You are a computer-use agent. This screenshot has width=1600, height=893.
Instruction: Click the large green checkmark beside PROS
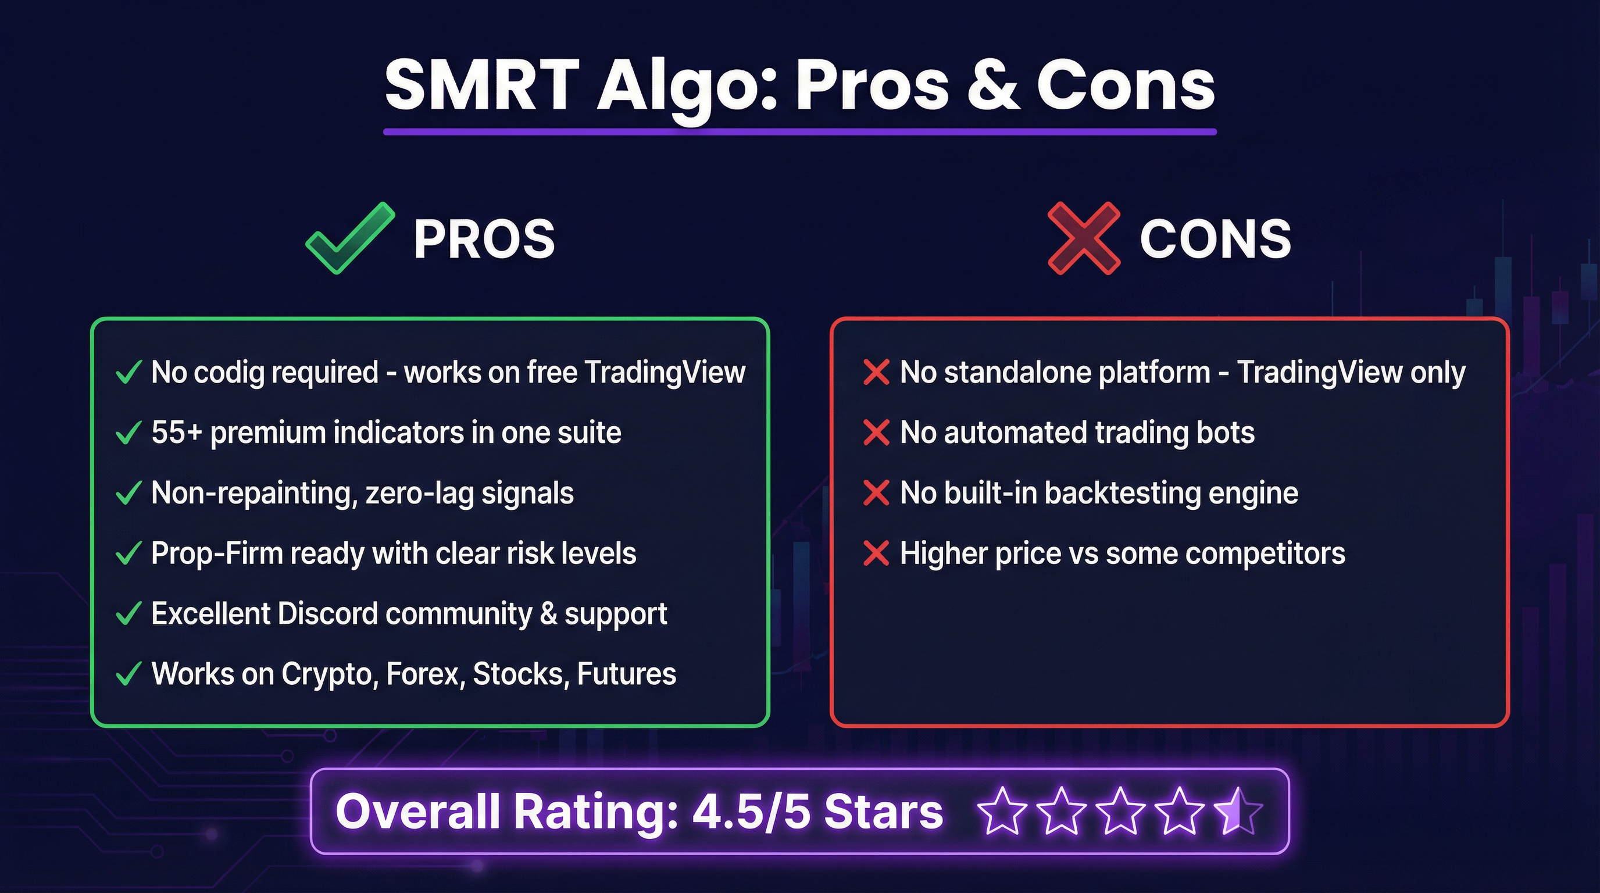click(349, 238)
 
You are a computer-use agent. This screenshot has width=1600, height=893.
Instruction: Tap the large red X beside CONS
click(1084, 238)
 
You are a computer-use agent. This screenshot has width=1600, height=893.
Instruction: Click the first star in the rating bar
click(1001, 811)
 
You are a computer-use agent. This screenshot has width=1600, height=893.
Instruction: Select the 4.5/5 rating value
click(751, 811)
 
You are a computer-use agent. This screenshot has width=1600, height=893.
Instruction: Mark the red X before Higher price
click(876, 553)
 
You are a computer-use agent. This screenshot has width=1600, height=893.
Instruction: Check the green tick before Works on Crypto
click(128, 674)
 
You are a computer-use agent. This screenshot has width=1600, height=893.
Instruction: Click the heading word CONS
click(1215, 238)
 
